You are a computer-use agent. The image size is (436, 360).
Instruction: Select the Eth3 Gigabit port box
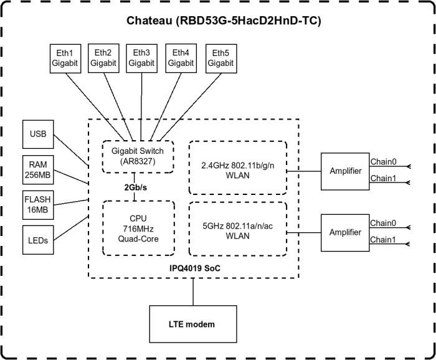(x=141, y=59)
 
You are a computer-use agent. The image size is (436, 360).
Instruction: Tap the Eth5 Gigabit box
(x=220, y=59)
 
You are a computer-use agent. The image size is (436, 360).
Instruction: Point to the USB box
(x=38, y=134)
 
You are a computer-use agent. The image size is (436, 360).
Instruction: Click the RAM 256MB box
(x=38, y=169)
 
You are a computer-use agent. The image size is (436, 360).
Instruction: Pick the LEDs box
(x=38, y=239)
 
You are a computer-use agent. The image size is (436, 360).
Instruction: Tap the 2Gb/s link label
(x=134, y=187)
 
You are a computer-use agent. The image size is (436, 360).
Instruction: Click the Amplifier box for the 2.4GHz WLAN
(x=345, y=171)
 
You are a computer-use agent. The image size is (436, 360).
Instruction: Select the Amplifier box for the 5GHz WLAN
(x=345, y=232)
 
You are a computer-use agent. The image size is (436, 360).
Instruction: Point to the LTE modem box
(x=192, y=324)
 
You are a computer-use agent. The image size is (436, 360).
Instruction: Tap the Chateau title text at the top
(x=224, y=21)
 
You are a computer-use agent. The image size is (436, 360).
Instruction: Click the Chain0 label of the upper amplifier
(x=383, y=162)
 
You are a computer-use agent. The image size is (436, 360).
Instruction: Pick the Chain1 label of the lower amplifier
(x=383, y=240)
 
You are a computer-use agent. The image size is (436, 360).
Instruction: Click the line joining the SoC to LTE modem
(x=193, y=291)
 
